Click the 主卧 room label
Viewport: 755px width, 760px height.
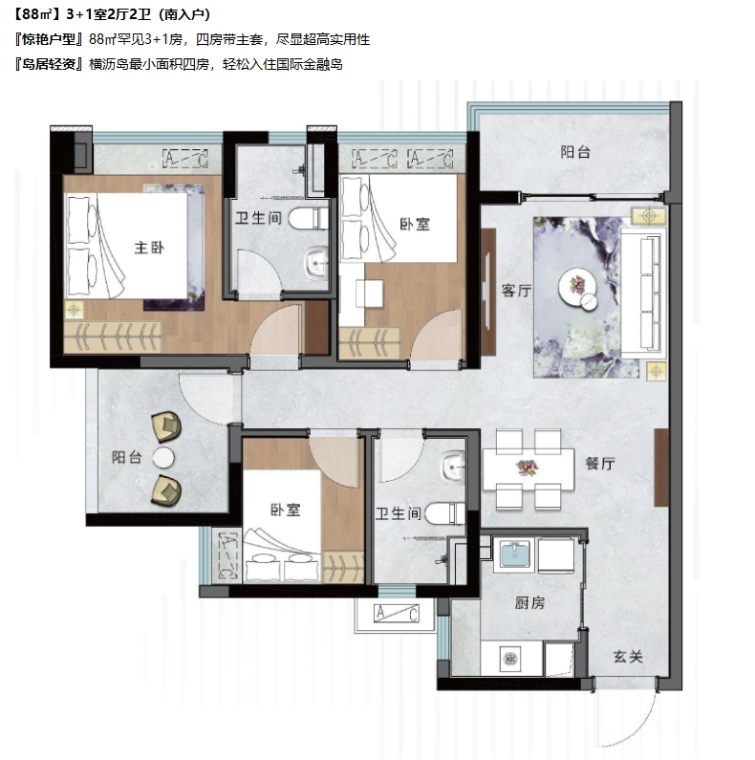click(149, 249)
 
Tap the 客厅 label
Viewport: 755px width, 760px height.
click(516, 291)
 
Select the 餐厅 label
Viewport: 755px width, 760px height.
click(600, 464)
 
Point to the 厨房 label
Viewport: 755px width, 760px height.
click(529, 603)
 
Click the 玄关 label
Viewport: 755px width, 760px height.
click(628, 658)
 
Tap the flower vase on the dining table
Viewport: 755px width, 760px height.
click(528, 468)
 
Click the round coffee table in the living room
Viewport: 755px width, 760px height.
click(577, 289)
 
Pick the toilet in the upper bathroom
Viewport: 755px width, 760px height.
click(309, 219)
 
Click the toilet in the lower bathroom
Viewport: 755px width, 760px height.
click(444, 513)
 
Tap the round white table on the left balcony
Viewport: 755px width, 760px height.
click(163, 458)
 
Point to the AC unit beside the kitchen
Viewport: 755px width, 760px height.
click(397, 614)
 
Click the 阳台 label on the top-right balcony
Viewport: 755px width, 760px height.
click(575, 152)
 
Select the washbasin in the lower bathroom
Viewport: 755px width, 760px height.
click(453, 467)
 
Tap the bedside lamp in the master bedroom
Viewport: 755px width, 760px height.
click(74, 309)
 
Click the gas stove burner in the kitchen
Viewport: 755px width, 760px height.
click(509, 660)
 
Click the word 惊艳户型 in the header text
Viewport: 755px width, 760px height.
click(50, 39)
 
